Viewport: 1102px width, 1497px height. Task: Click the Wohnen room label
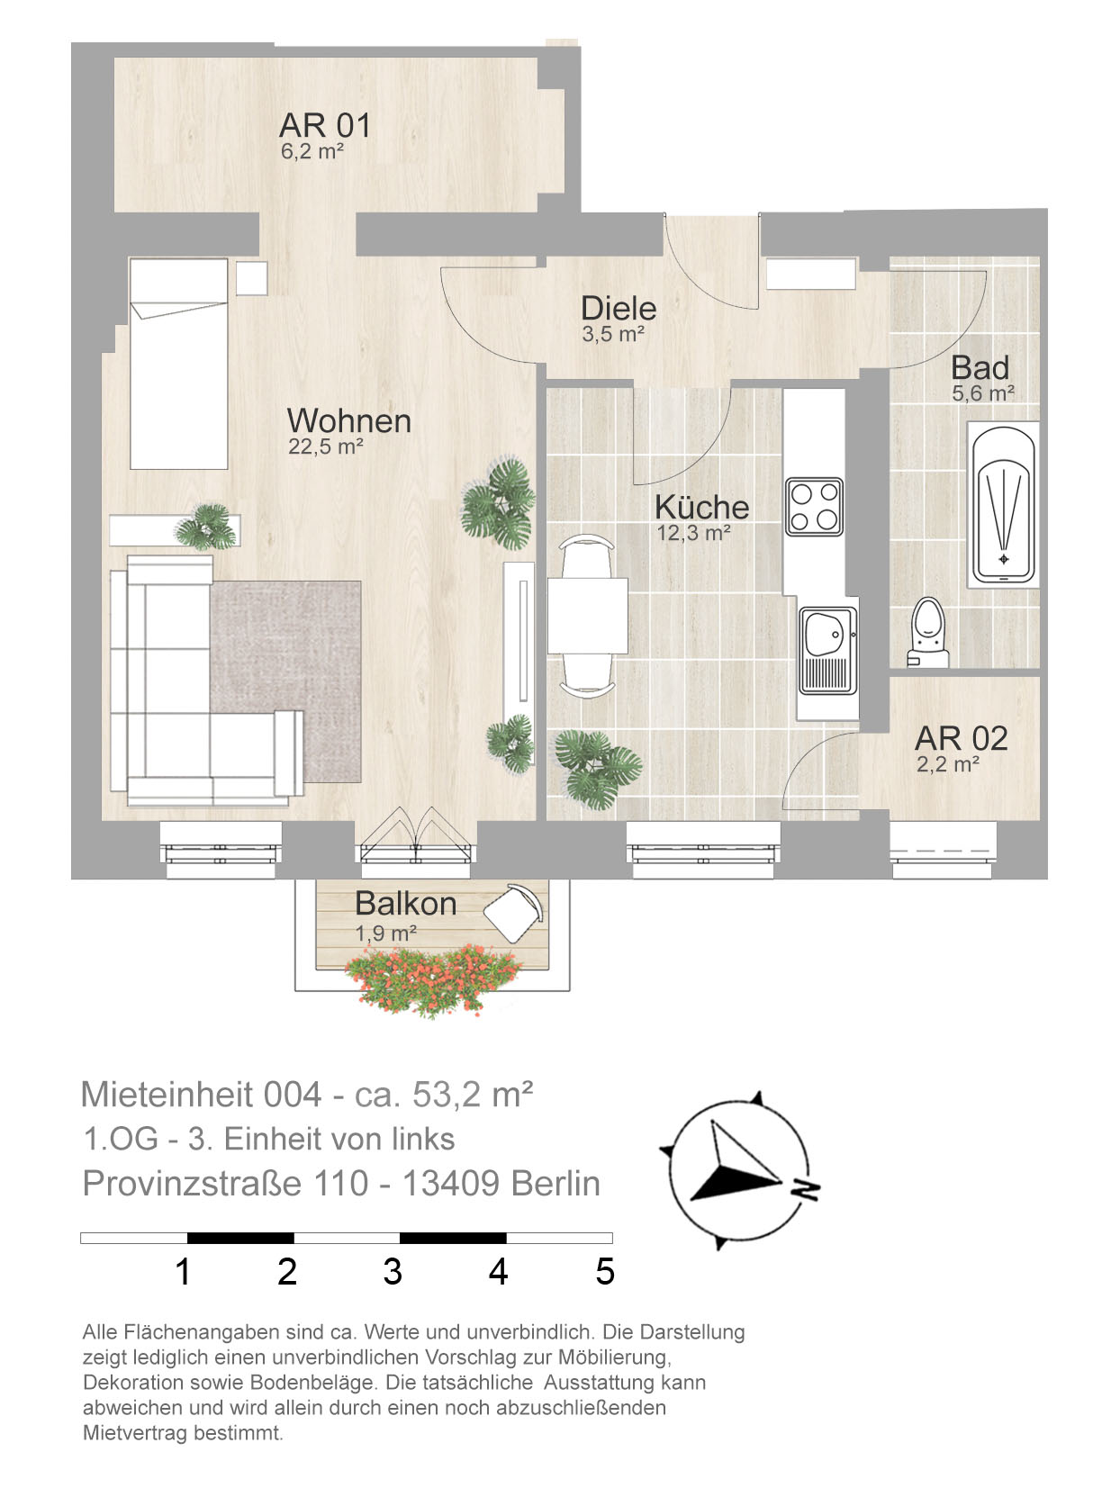pos(348,421)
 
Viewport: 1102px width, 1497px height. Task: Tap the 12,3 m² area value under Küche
pos(693,533)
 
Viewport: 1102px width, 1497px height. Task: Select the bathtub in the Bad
pos(1003,505)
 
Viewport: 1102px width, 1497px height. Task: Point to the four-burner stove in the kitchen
pos(814,506)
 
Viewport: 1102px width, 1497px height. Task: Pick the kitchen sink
pos(828,650)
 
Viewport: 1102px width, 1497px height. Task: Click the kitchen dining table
pos(587,616)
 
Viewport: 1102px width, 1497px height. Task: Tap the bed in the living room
pos(178,364)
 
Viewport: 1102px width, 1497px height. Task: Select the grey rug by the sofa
pos(286,681)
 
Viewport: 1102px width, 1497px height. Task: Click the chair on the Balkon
pos(512,913)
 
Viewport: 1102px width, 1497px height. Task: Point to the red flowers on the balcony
pos(433,979)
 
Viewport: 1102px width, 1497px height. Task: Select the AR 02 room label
pos(961,738)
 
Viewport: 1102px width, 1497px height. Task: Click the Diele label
pos(619,308)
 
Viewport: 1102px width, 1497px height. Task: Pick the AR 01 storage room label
pos(325,125)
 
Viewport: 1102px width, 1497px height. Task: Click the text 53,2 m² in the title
pos(473,1095)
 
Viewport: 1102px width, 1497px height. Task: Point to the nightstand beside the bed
pos(252,278)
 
